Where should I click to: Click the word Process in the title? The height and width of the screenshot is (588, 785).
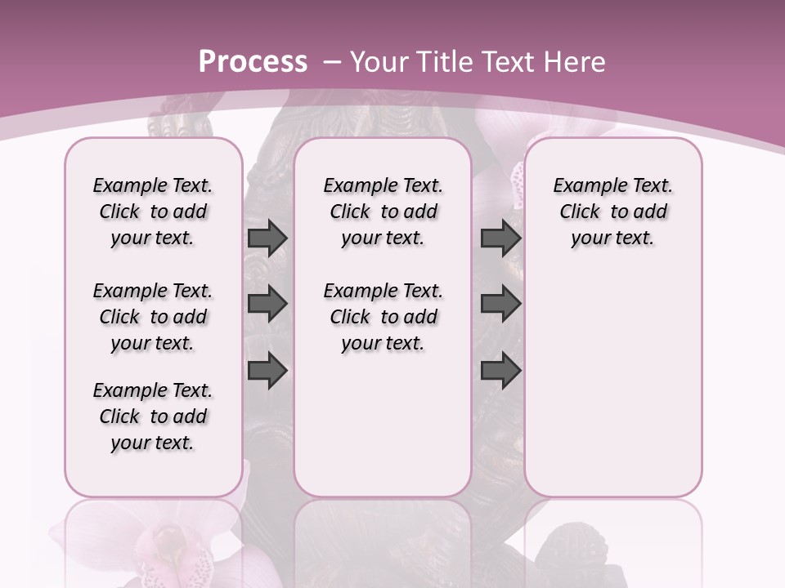pyautogui.click(x=253, y=62)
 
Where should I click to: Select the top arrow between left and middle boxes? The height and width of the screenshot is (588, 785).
pyautogui.click(x=267, y=238)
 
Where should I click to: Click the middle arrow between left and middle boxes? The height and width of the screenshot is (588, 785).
pyautogui.click(x=267, y=304)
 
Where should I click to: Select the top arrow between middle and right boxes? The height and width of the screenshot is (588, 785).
pyautogui.click(x=500, y=238)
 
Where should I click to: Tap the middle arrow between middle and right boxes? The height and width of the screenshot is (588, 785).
pyautogui.click(x=500, y=304)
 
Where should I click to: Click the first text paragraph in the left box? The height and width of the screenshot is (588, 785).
pyautogui.click(x=153, y=212)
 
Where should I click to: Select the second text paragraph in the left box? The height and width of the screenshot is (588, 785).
pyautogui.click(x=153, y=317)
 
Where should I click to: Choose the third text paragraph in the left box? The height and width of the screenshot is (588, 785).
pyautogui.click(x=153, y=416)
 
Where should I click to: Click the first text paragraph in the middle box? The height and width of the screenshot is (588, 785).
pyautogui.click(x=384, y=212)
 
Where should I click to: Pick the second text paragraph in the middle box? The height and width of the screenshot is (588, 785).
pyautogui.click(x=384, y=317)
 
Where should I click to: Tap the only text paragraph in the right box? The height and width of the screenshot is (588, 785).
pyautogui.click(x=613, y=212)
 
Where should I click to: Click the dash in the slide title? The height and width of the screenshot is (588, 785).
pyautogui.click(x=332, y=62)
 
